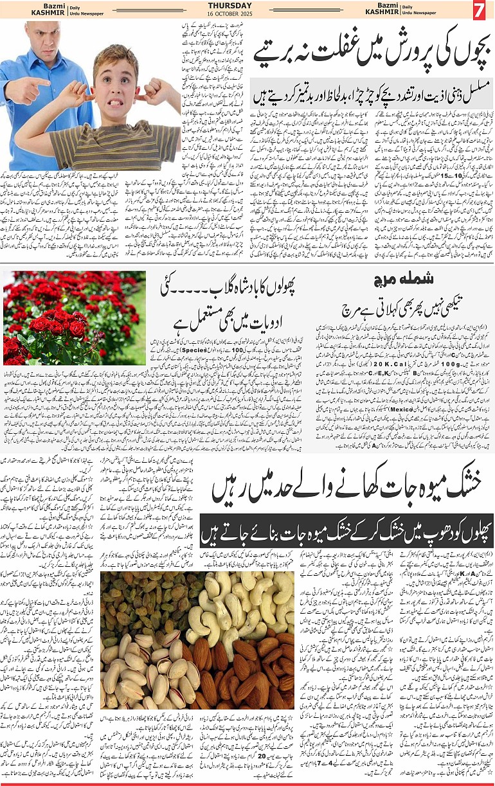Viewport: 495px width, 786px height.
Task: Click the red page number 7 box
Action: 479,11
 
